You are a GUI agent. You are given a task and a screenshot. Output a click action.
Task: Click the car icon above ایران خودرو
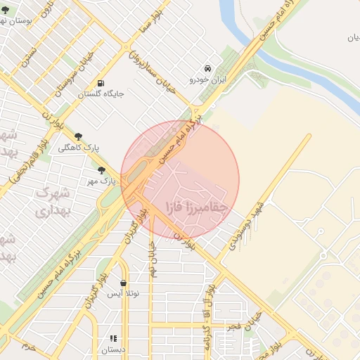pyautogui.click(x=208, y=68)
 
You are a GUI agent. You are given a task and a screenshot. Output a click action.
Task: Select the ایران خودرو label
pyautogui.click(x=209, y=79)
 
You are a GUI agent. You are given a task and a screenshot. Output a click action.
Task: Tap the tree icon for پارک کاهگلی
pyautogui.click(x=77, y=136)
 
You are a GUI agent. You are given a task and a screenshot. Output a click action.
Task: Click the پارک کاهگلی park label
pyautogui.click(x=78, y=148)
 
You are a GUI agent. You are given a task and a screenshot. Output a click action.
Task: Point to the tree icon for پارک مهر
pyautogui.click(x=101, y=169)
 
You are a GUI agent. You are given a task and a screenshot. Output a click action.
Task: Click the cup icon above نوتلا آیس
pyautogui.click(x=124, y=283)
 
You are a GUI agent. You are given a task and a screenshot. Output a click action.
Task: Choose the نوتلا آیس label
pyautogui.click(x=124, y=295)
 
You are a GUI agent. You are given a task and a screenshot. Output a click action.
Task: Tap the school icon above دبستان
pyautogui.click(x=113, y=338)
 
